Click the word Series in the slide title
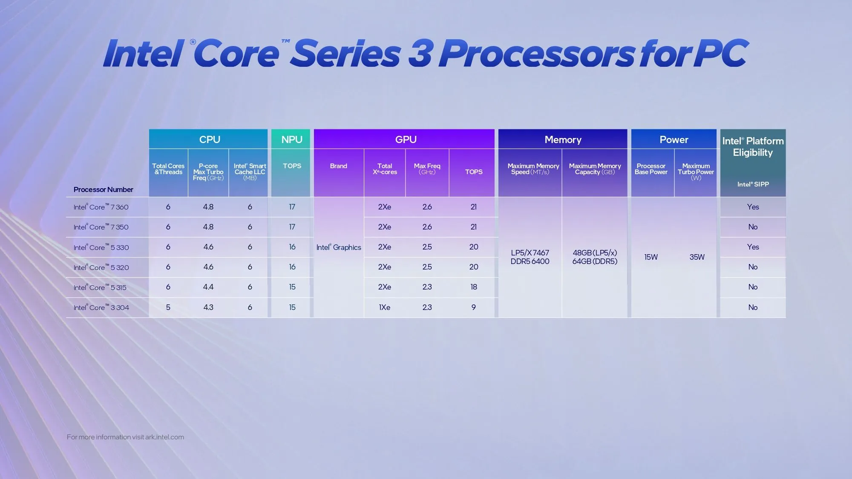tap(345, 54)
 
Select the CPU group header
tap(209, 140)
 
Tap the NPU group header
tap(292, 140)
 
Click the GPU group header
tap(406, 140)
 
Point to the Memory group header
tap(563, 140)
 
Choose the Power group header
tap(674, 140)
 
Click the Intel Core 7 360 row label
tap(101, 207)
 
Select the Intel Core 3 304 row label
tap(101, 307)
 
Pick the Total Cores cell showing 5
tap(168, 307)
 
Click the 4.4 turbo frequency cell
tap(208, 287)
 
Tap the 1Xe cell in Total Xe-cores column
tap(384, 307)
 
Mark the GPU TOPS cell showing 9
tap(473, 307)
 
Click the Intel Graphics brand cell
tap(339, 247)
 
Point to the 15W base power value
tap(651, 257)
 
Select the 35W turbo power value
tap(697, 257)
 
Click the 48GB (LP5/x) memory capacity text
tap(595, 253)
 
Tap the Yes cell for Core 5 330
tap(753, 247)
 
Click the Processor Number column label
tap(103, 189)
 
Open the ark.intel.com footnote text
tap(125, 437)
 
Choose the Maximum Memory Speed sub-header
tap(532, 169)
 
